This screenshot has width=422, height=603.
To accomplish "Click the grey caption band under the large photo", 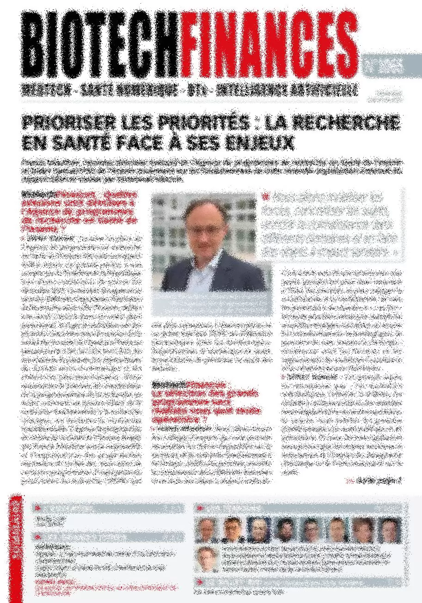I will click(212, 304).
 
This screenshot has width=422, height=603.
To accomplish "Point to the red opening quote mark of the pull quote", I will click(265, 196).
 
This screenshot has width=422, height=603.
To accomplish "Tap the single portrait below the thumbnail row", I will click(206, 559).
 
